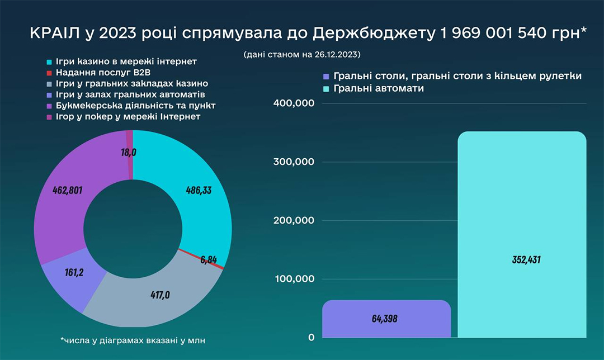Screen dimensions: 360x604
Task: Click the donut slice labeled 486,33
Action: (199, 190)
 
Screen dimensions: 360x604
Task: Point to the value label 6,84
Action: (208, 260)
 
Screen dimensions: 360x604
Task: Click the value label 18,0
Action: (129, 152)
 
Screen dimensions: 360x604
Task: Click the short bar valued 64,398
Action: (386, 319)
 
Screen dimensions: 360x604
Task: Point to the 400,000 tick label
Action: (295, 104)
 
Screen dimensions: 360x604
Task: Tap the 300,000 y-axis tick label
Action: (295, 162)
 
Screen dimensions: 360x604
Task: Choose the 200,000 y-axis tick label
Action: (295, 221)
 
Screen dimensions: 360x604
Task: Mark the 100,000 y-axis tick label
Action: (295, 279)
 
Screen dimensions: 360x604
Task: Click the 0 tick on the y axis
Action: (310, 338)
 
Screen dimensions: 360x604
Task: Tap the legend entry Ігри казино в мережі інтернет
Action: (125, 61)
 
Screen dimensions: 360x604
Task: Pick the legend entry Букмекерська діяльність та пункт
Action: (135, 105)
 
